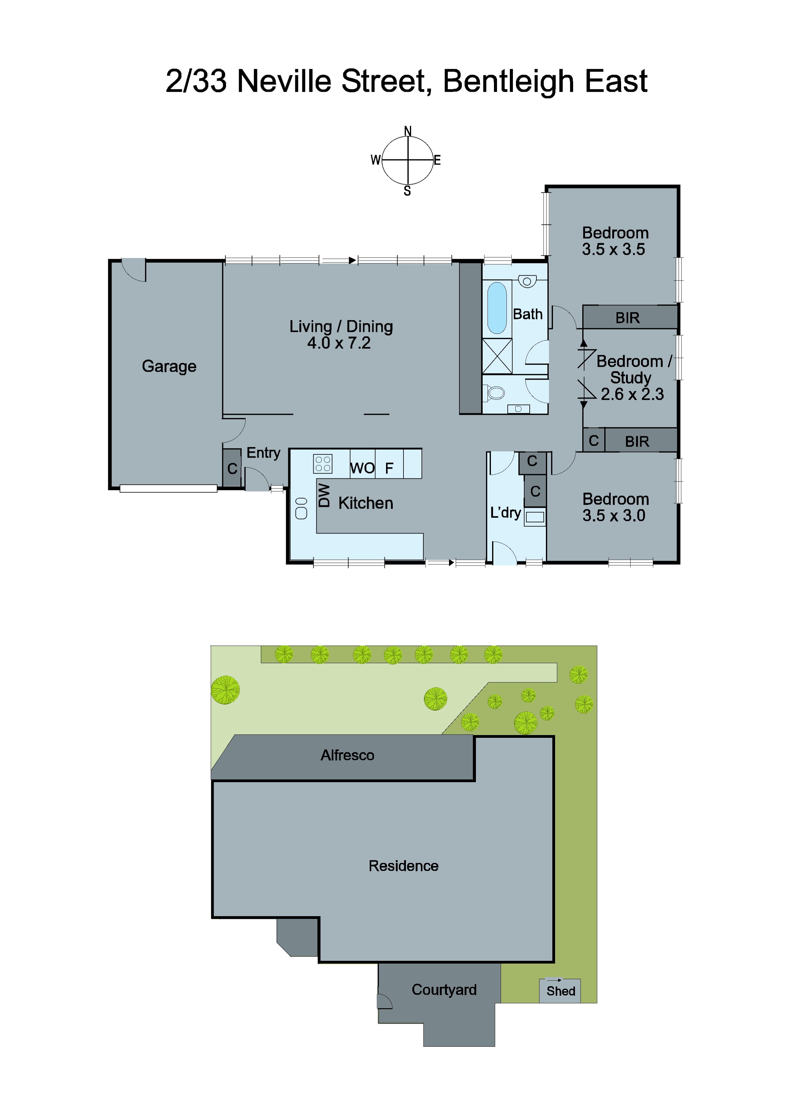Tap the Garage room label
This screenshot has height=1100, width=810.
(x=169, y=366)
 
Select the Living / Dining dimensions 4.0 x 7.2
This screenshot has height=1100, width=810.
(x=339, y=343)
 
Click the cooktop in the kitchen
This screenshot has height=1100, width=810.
(x=323, y=464)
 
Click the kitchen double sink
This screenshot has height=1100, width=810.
(x=301, y=508)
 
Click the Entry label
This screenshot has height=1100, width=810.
(x=263, y=452)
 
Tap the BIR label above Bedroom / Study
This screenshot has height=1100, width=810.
(x=628, y=318)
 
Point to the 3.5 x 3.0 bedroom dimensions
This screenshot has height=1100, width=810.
(x=613, y=516)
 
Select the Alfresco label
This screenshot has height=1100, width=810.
(x=347, y=755)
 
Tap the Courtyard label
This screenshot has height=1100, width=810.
(x=444, y=990)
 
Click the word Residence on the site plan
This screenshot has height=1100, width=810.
(x=403, y=866)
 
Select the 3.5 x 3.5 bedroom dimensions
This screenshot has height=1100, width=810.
(x=613, y=249)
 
